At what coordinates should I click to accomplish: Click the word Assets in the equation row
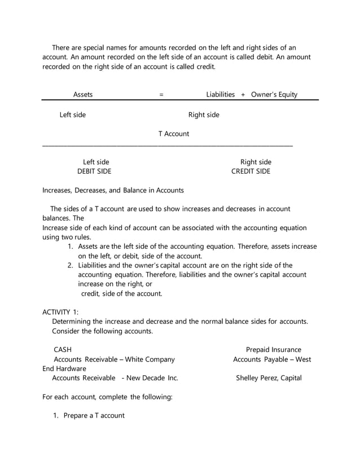83,95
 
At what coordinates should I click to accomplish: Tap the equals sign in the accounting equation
161,95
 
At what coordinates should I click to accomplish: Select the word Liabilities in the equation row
220,95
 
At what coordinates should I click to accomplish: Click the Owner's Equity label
274,95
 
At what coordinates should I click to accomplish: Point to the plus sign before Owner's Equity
243,95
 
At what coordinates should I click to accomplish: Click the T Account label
173,134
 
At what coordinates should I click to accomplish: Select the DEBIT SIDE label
94,172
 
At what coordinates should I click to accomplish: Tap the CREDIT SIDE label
251,172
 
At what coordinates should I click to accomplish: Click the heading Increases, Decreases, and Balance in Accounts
113,190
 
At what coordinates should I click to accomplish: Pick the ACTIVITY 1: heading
61,311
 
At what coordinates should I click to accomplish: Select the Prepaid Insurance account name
273,350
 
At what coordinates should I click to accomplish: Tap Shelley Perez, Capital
269,378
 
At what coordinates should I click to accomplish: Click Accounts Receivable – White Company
114,359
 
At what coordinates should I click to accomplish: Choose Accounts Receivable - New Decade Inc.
115,378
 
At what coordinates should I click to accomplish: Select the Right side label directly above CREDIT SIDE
256,162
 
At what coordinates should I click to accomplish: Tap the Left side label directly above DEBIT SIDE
96,162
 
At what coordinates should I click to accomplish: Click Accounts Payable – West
272,359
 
